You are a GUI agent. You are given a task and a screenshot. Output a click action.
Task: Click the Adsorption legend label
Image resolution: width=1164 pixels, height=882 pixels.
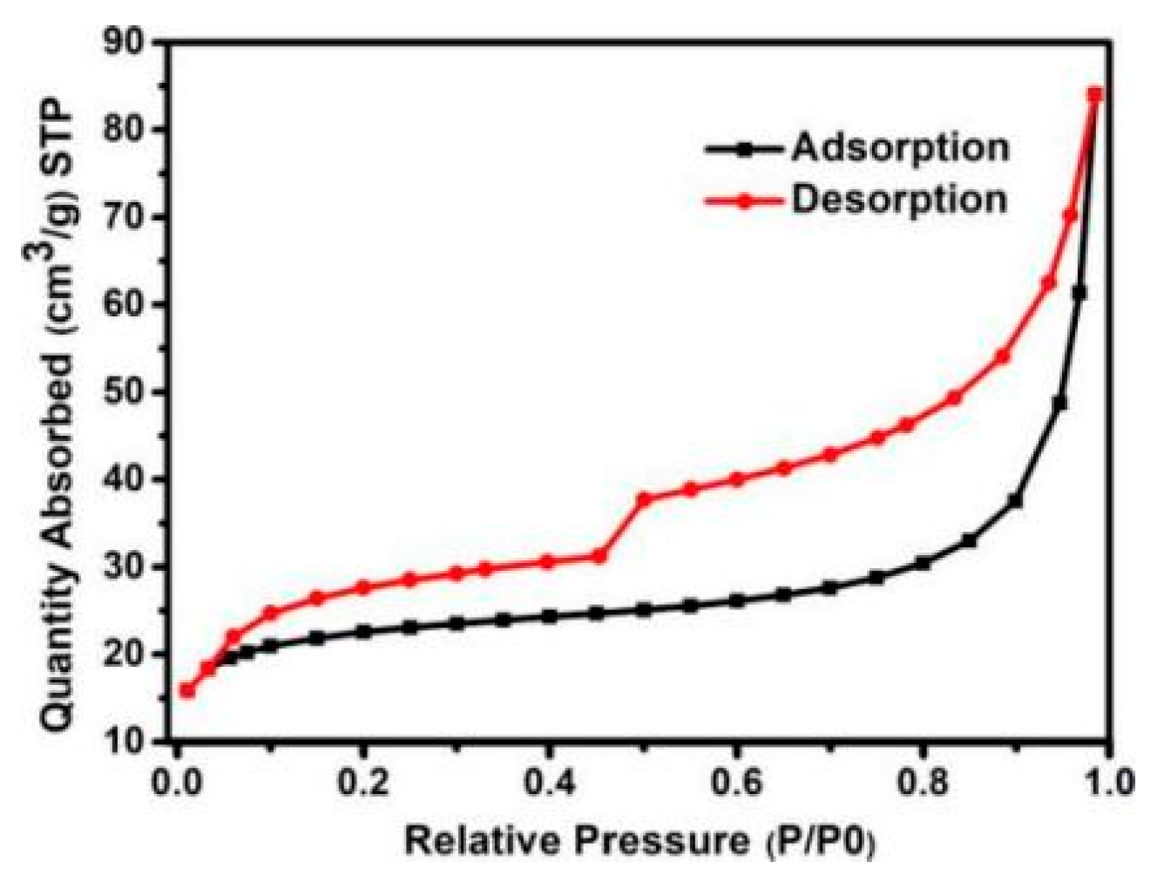click(900, 147)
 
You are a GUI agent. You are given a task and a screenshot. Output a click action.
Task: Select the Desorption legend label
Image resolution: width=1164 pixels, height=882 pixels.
click(899, 200)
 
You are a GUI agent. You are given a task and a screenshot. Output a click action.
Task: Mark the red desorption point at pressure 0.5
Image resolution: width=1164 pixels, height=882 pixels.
click(645, 499)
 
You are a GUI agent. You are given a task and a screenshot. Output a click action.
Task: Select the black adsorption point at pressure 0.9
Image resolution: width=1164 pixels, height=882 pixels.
click(1015, 501)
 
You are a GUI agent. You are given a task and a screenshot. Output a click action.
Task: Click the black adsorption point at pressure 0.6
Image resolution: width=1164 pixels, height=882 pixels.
click(737, 600)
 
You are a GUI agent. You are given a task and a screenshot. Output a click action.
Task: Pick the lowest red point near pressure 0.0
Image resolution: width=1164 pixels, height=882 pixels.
click(186, 690)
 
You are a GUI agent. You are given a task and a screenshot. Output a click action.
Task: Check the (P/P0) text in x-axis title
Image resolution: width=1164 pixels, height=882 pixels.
click(822, 842)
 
